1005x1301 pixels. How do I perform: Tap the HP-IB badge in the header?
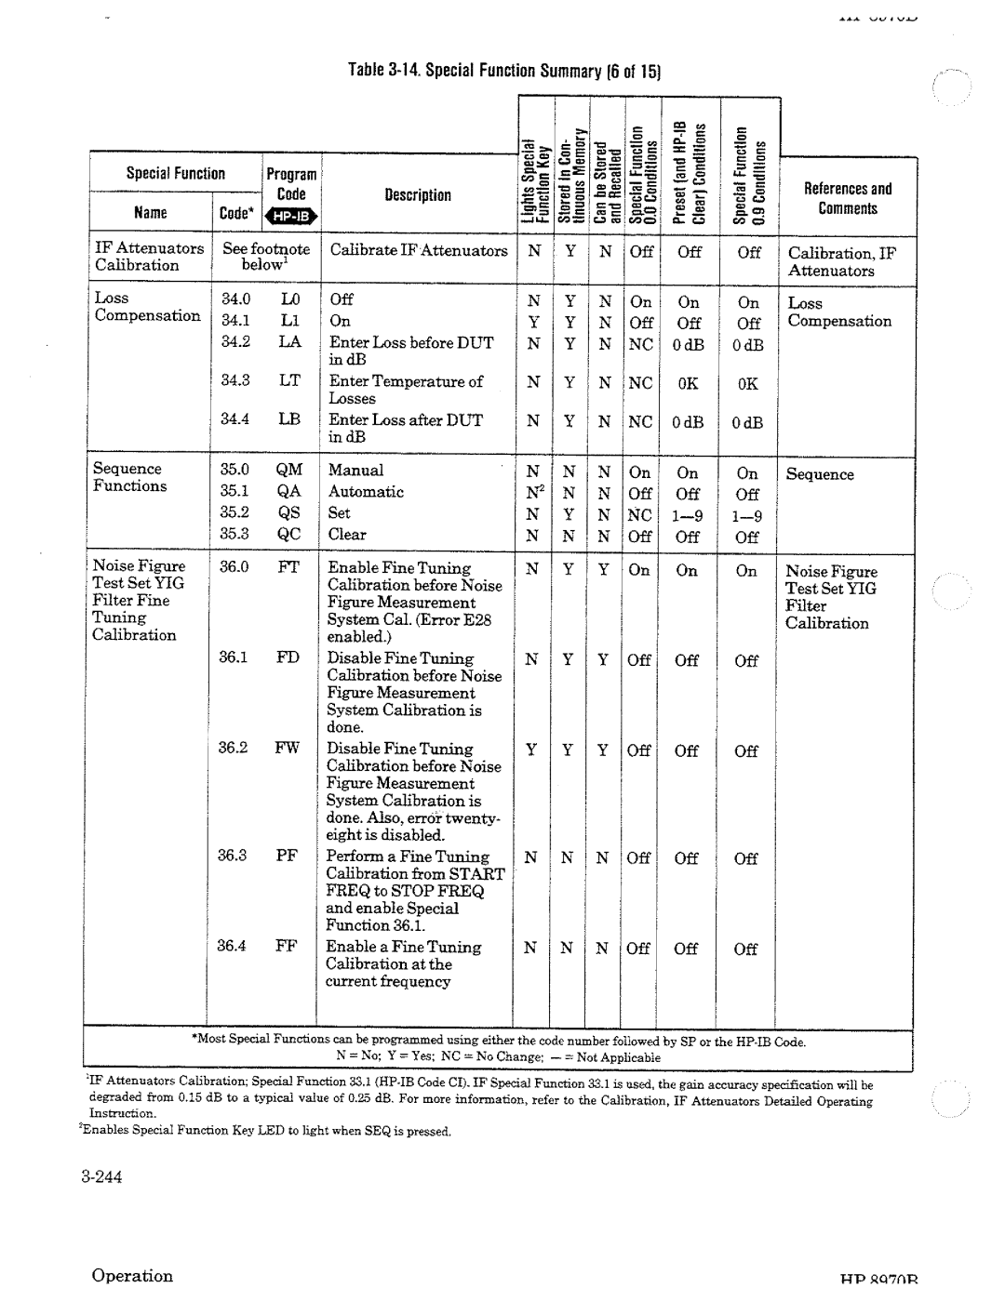[292, 217]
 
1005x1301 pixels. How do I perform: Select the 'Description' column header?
[418, 195]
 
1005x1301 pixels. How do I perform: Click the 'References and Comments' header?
[847, 199]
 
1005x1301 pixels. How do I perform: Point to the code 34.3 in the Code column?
[235, 380]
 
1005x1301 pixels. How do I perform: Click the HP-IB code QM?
[288, 471]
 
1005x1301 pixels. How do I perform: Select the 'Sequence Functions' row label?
[129, 477]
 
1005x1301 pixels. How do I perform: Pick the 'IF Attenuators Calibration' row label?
[149, 257]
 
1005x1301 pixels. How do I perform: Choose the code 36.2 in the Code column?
[233, 748]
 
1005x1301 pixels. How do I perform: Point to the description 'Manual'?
[355, 471]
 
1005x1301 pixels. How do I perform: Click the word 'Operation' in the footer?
[132, 1276]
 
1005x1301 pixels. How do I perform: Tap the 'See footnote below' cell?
[265, 257]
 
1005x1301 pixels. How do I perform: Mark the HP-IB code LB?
[288, 419]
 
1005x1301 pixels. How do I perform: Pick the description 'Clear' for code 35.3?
[347, 535]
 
